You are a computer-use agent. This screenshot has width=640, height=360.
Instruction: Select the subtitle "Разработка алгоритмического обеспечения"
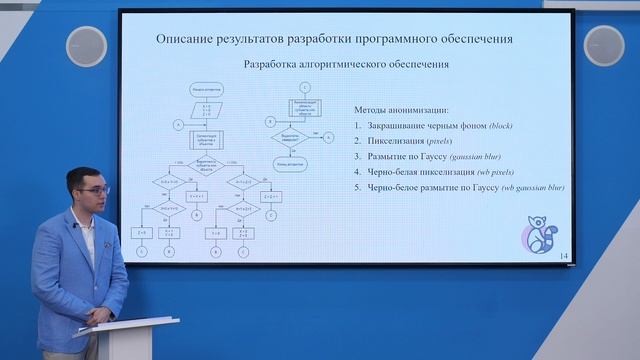[x=346, y=64]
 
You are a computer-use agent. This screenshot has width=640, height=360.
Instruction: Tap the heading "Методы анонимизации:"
[x=401, y=109]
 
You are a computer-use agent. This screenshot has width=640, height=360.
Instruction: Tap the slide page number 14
[x=564, y=257]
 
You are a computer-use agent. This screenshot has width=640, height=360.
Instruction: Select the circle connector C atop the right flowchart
[x=304, y=87]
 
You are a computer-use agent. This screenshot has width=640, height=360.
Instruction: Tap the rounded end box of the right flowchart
[x=291, y=163]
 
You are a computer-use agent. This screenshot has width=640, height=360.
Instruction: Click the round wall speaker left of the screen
[x=86, y=46]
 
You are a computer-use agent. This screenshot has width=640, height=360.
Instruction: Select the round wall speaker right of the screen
[x=603, y=46]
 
